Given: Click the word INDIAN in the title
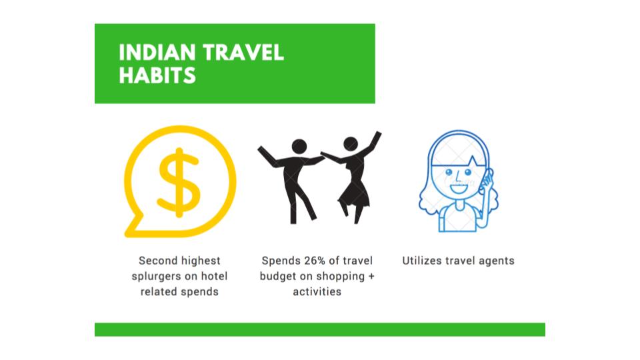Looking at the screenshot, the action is pyautogui.click(x=157, y=53).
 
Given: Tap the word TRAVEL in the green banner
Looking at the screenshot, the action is pyautogui.click(x=243, y=53).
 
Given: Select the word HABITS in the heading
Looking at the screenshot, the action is pyautogui.click(x=157, y=75).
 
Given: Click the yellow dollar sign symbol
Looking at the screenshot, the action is pyautogui.click(x=179, y=183).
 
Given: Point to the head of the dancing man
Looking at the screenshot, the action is pyautogui.click(x=299, y=147).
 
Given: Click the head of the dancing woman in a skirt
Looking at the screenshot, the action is pyautogui.click(x=351, y=144).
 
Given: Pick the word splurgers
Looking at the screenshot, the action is pyautogui.click(x=156, y=276).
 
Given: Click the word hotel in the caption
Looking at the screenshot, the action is pyautogui.click(x=213, y=276).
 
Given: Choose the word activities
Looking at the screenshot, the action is pyautogui.click(x=317, y=292).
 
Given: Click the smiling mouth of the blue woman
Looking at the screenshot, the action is pyautogui.click(x=459, y=188).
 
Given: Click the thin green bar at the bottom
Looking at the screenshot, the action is pyautogui.click(x=320, y=329).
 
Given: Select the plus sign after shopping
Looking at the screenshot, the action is pyautogui.click(x=371, y=276).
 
